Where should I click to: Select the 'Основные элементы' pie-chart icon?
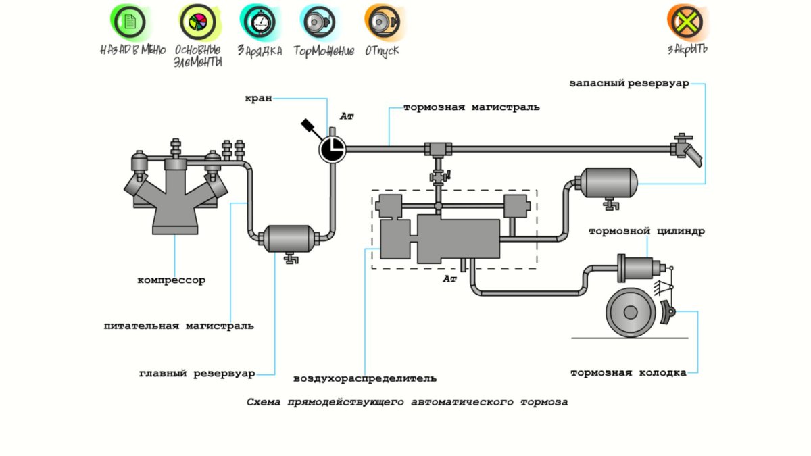coord(196,22)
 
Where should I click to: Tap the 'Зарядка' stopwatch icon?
coord(259,22)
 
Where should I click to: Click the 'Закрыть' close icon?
coord(687,22)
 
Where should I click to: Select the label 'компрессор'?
coord(171,280)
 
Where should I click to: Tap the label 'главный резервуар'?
coord(197,373)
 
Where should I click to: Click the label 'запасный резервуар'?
coord(629,84)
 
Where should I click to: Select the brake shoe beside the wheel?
coord(668,312)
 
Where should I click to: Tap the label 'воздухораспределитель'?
coord(365,378)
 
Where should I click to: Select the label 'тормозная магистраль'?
coord(471,107)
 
